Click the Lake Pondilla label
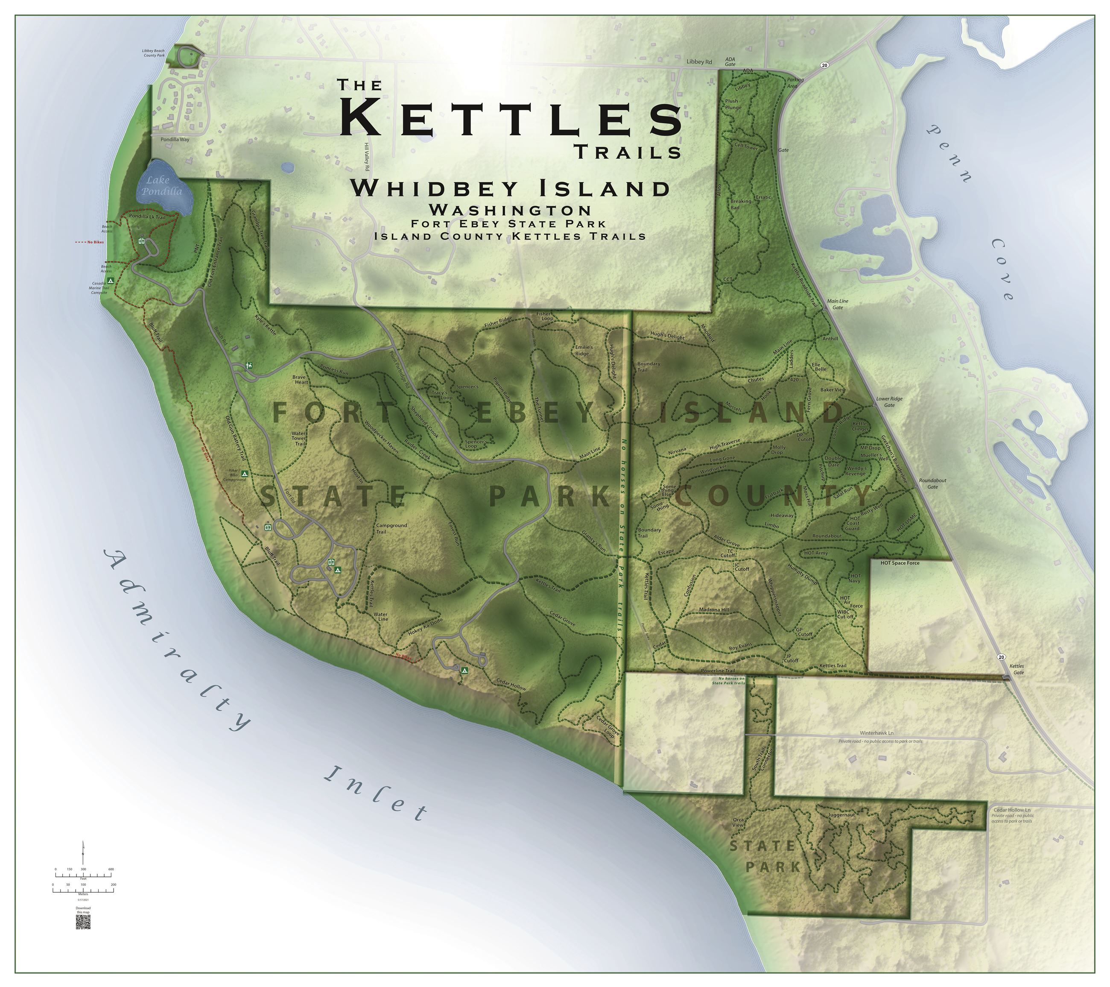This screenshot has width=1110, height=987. (162, 186)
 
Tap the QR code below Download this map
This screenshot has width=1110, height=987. (83, 922)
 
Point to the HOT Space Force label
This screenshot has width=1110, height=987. (900, 563)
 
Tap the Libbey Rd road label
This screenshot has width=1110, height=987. (699, 62)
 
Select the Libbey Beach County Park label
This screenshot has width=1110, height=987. (154, 53)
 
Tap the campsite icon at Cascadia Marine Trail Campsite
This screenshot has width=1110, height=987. (110, 281)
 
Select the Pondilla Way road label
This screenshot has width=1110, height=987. (175, 140)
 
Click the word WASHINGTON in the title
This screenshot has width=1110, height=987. (509, 209)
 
